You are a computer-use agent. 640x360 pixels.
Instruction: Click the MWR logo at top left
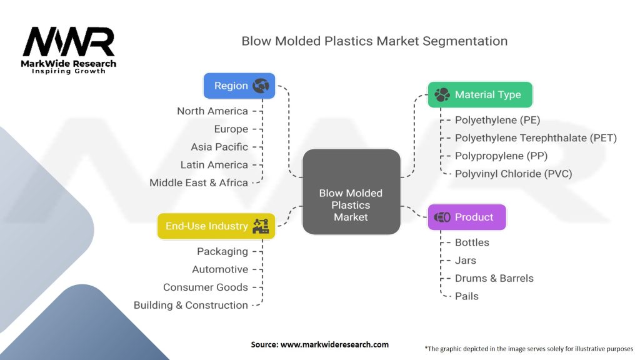69,42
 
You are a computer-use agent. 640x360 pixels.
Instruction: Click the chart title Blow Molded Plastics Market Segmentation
374,41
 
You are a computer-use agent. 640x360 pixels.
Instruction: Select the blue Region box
240,86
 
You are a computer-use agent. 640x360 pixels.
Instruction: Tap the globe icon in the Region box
261,86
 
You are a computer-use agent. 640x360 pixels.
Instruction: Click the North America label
212,111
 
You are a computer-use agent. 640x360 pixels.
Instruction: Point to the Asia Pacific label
219,147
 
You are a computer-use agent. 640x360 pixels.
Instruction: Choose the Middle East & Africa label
199,182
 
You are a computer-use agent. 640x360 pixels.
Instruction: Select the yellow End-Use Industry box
216,226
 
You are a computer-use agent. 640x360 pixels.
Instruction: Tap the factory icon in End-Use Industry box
260,226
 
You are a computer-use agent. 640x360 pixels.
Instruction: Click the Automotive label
220,269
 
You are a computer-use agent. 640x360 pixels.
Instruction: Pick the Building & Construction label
191,305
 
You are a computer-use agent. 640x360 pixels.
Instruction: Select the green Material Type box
479,94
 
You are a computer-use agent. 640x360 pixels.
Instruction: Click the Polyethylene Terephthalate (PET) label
536,138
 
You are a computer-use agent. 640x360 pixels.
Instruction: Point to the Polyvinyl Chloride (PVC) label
513,174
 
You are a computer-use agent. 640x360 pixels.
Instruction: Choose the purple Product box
466,217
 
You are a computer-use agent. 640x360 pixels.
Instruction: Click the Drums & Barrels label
494,278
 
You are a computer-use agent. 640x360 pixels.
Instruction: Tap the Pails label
467,296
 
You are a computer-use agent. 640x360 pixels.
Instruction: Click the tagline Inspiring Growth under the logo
69,71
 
